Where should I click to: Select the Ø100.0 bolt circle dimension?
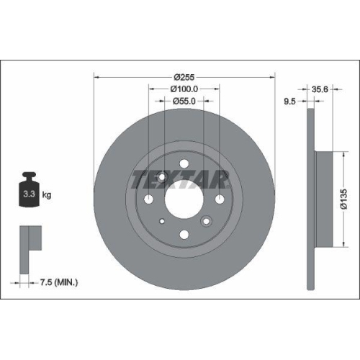pos(184,89)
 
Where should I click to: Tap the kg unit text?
pos(46,194)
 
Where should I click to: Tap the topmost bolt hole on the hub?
pos(184,163)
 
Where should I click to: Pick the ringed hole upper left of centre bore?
pos(161,176)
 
